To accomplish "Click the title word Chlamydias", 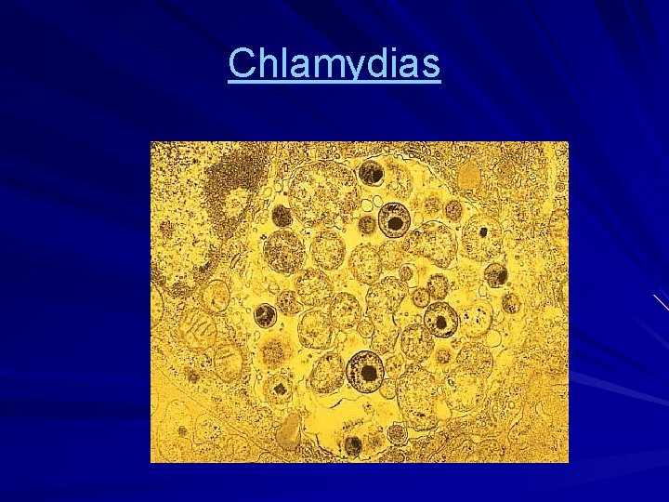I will (x=334, y=64).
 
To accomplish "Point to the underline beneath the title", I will (x=334, y=82).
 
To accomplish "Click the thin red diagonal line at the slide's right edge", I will (x=660, y=301).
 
